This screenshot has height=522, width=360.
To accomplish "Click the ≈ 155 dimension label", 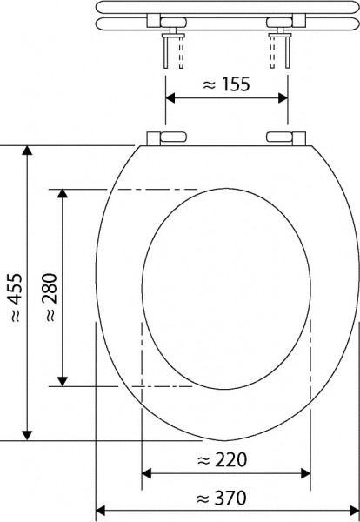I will click(226, 84).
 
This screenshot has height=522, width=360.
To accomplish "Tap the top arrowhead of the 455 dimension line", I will click(28, 153).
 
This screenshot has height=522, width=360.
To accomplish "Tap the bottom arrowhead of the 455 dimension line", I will click(28, 434).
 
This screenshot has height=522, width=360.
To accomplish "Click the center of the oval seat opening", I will click(225, 288).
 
